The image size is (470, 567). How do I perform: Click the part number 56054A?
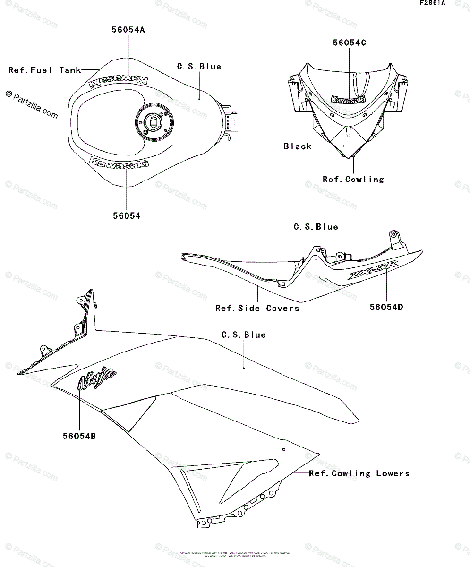[128, 30]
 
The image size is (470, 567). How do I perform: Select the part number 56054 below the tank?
[127, 216]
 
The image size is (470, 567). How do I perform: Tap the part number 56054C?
[350, 43]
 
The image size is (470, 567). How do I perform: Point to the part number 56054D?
[386, 307]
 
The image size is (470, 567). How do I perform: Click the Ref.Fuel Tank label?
[44, 70]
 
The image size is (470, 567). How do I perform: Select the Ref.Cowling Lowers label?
[359, 473]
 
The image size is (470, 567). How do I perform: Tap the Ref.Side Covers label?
[257, 308]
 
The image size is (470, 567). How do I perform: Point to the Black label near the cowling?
[298, 146]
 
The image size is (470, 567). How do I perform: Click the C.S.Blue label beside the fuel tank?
[199, 67]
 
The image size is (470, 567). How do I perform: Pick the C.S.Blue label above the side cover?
[316, 227]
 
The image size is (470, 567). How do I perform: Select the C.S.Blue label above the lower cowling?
[243, 335]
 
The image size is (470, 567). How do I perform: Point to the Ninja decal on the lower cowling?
[97, 378]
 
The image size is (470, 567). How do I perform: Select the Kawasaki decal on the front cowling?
[348, 100]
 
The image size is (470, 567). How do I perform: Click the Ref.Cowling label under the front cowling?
[353, 180]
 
